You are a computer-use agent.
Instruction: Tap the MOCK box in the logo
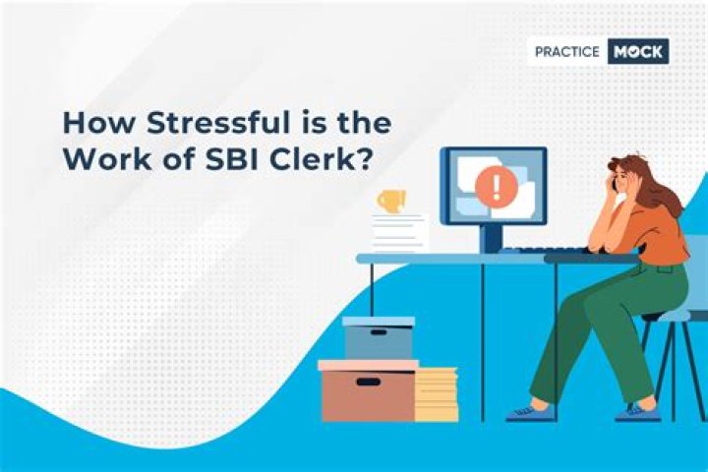[637, 51]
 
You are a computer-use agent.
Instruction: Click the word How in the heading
[90, 125]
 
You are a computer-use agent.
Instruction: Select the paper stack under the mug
[400, 233]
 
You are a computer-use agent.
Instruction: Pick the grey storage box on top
[379, 337]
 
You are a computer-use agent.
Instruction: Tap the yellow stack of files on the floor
[436, 394]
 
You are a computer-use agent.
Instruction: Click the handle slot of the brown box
[367, 382]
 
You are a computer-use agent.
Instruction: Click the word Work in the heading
[98, 160]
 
